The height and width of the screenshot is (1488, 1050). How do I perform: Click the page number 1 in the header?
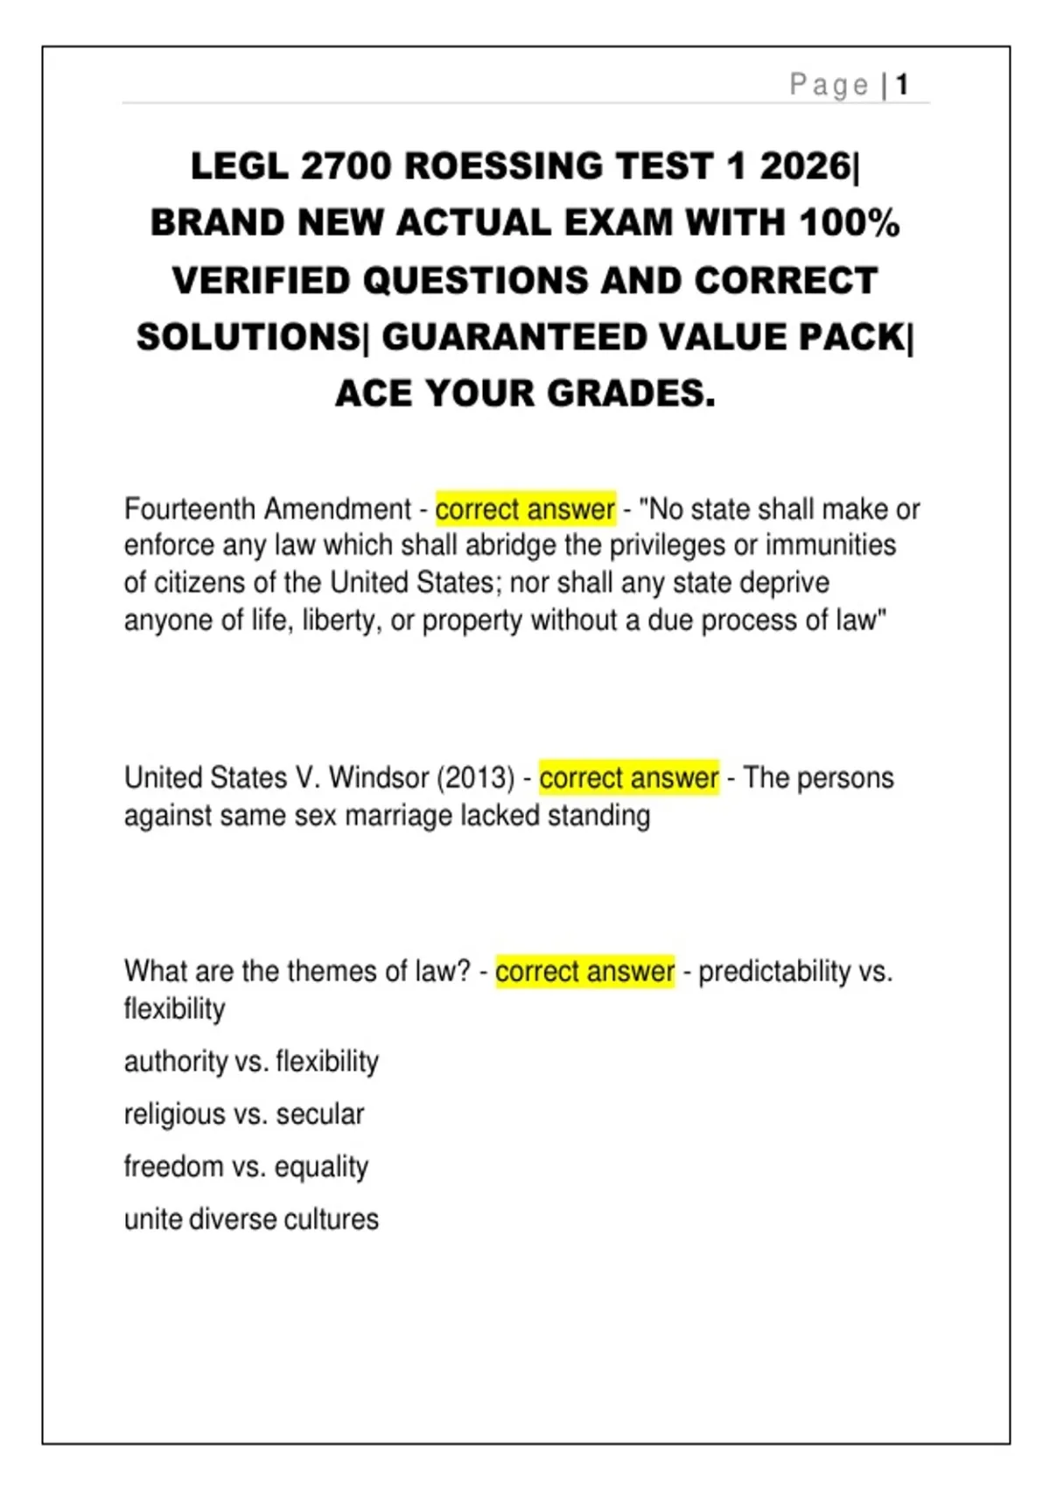[902, 85]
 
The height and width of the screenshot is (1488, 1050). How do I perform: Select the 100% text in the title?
[849, 223]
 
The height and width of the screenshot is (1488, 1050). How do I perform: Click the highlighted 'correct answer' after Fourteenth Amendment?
[525, 509]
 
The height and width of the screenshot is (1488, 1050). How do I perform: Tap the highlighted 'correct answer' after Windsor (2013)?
[628, 777]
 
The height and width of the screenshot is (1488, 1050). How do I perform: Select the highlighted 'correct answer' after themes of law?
[584, 971]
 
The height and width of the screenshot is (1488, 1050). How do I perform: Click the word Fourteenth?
[190, 509]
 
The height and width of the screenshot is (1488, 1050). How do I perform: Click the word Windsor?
[379, 777]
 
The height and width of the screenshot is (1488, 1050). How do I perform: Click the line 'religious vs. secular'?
[244, 1114]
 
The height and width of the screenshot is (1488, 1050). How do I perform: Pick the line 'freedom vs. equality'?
[246, 1167]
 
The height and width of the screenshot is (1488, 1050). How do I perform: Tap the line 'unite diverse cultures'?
[251, 1219]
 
